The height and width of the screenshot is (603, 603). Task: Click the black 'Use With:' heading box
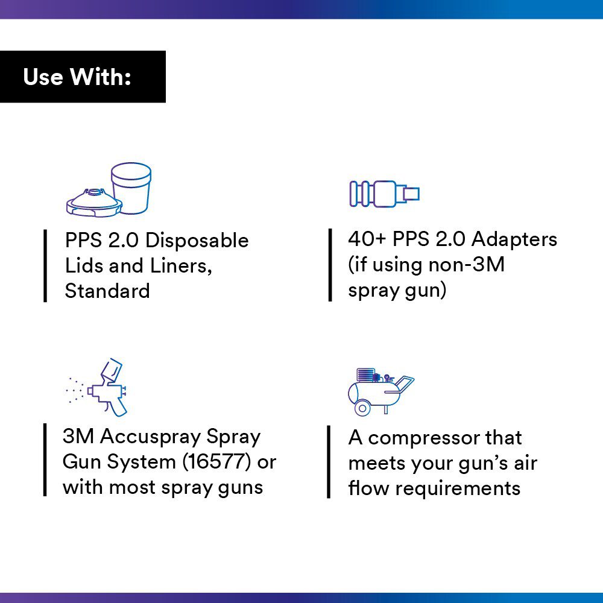(83, 77)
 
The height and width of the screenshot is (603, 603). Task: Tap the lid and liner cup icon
(109, 189)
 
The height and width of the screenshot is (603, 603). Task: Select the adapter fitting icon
(384, 194)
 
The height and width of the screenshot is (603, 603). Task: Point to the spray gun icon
(96, 387)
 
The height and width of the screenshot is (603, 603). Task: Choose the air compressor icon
(380, 391)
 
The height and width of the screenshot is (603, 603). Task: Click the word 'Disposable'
(197, 241)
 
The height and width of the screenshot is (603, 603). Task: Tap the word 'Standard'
(107, 291)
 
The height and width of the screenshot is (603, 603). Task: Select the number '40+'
(367, 239)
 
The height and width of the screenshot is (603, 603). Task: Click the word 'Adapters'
(514, 239)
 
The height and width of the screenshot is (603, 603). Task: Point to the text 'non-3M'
(466, 265)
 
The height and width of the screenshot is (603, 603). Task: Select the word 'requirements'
(458, 488)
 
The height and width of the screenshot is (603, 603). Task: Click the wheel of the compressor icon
(362, 408)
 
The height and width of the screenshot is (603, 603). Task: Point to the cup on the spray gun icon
(112, 370)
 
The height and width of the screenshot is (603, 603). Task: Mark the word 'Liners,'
(181, 266)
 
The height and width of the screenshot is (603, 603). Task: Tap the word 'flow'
(368, 488)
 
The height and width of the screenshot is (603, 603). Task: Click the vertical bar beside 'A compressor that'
(329, 462)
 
